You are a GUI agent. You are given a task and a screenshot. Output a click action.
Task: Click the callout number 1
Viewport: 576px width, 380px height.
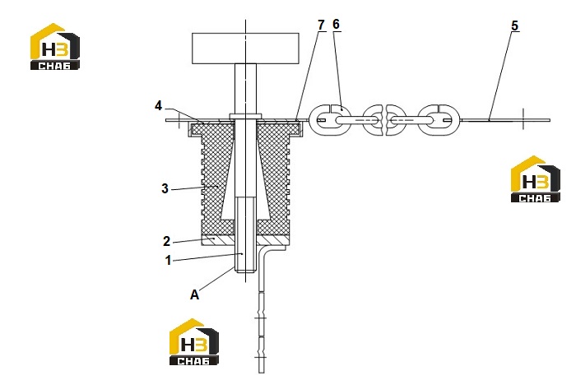point(168,260)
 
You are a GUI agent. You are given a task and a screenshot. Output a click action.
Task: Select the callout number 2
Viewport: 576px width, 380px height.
point(166,241)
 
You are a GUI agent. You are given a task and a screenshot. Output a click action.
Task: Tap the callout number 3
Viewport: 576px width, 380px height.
point(165,188)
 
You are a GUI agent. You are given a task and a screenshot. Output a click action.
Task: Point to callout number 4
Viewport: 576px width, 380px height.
point(158,106)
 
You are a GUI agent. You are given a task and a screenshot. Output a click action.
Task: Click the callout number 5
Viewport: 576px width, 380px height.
point(514,25)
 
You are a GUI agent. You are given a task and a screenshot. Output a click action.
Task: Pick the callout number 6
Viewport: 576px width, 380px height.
point(336,24)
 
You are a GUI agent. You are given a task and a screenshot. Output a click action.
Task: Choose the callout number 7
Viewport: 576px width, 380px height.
point(321,25)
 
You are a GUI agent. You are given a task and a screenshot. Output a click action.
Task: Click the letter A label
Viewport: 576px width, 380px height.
point(194,294)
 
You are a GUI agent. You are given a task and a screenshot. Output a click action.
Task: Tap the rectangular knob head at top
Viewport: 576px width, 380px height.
point(245,48)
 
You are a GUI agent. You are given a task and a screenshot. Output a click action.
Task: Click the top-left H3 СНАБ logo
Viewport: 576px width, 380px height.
point(55,47)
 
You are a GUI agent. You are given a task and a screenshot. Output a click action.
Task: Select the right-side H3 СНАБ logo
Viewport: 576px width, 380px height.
point(536,178)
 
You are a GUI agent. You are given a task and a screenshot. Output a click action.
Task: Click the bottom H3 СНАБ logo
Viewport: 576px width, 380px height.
point(194,342)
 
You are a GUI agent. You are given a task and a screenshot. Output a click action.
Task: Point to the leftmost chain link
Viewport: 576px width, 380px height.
point(330,120)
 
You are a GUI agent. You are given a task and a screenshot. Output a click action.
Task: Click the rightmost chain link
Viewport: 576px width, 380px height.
point(439,120)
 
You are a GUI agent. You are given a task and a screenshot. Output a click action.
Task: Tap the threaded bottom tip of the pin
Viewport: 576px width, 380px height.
point(245,271)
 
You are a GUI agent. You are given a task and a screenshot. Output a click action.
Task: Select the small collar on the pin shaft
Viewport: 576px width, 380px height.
point(245,116)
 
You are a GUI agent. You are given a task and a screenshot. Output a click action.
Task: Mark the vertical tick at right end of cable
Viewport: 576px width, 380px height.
point(523,118)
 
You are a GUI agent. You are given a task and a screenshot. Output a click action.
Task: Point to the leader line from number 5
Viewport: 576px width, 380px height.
point(502,76)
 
